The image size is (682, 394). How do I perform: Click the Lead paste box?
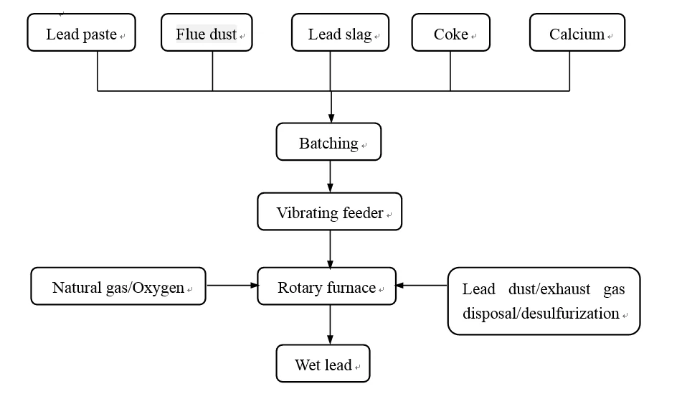pos(81,33)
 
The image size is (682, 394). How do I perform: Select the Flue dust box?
pos(207,33)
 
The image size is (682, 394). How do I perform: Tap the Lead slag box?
pos(340,33)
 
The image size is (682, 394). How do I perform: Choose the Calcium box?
pos(577,33)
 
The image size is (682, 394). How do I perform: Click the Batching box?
pos(328,142)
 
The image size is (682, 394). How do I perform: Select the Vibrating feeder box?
pos(329,212)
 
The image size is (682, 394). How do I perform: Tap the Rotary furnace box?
pos(326,286)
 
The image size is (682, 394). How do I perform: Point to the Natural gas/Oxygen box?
pos(118,286)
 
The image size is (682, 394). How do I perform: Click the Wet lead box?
pos(323,364)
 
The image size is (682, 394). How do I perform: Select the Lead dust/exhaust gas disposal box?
pos(544,301)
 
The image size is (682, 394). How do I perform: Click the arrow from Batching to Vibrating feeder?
pos(330,177)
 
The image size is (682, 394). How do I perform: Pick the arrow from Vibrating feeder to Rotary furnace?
pos(330,249)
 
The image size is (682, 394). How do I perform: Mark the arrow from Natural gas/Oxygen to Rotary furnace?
pos(231,286)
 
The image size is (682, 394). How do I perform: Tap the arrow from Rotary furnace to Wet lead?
pos(330,325)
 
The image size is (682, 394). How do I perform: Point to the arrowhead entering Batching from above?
pos(331,118)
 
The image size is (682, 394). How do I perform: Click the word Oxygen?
pos(161,289)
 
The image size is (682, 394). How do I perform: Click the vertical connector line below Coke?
pos(450,71)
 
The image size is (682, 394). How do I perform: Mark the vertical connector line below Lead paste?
pos(98,71)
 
